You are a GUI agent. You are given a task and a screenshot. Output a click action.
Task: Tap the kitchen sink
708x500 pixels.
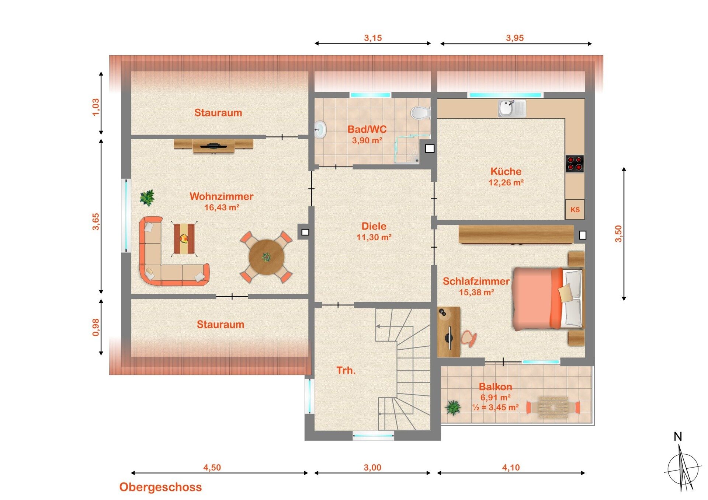512,108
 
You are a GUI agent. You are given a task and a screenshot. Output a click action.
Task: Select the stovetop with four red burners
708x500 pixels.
575,164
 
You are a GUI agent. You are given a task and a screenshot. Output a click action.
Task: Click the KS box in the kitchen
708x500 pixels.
575,210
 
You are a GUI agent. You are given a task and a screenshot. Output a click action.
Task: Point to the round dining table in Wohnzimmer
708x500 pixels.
266,257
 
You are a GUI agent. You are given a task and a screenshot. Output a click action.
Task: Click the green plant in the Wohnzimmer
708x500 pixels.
147,197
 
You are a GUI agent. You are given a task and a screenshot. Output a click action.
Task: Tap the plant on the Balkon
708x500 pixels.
453,408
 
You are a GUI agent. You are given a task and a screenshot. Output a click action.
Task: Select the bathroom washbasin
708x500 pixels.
320,129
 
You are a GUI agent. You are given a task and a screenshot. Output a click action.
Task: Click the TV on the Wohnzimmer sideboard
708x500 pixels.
214,146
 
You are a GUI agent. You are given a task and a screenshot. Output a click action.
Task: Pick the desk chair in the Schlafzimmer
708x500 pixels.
468,338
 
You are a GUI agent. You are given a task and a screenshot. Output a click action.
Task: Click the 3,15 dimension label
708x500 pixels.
373,38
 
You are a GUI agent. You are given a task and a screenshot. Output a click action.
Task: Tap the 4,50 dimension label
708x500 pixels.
212,468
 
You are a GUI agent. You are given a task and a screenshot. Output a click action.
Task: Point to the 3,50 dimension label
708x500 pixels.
618,234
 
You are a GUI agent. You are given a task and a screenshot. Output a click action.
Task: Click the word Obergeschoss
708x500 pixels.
160,487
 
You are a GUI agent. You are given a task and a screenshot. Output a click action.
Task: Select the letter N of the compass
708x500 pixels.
678,437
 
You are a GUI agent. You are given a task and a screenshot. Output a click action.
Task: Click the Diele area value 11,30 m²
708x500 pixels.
374,237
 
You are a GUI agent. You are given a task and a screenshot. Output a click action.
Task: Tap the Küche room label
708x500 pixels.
506,171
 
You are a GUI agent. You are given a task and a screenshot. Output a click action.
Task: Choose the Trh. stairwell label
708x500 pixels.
346,370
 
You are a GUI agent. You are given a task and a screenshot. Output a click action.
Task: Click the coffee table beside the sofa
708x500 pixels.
184,239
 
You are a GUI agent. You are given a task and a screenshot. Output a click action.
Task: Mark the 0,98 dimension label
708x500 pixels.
96,327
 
